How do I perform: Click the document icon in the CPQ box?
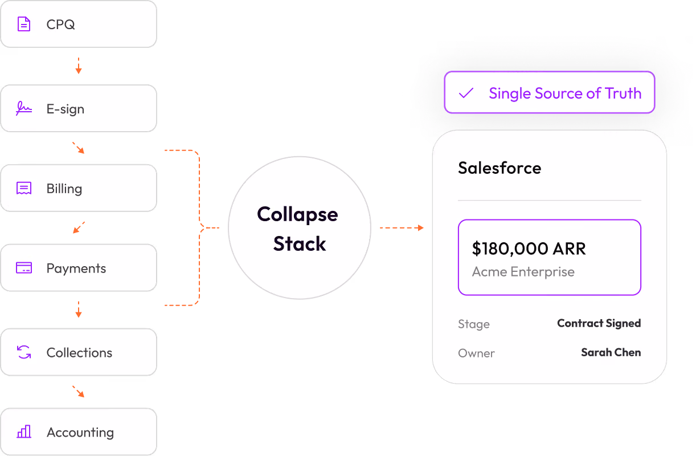(x=24, y=24)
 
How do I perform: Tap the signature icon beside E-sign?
(x=24, y=108)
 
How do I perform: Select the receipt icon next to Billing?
(x=24, y=188)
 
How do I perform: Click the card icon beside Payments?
(x=24, y=268)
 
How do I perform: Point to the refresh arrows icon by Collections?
(x=24, y=352)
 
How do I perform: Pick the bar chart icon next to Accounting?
(x=24, y=431)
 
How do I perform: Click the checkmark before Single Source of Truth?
(x=466, y=93)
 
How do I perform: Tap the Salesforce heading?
(x=500, y=168)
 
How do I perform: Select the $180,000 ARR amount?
(x=529, y=249)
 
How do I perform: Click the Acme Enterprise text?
(x=523, y=272)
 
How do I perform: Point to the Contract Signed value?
(x=599, y=323)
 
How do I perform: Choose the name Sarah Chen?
(x=611, y=352)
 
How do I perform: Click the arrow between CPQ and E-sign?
(x=79, y=66)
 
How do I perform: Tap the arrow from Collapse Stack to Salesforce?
(x=402, y=227)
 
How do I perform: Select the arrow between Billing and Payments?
(x=79, y=227)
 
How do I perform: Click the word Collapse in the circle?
(x=297, y=215)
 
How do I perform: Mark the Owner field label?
(x=476, y=353)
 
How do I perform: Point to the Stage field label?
(x=474, y=324)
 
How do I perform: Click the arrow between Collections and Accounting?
(x=79, y=392)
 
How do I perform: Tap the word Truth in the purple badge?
(x=623, y=93)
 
